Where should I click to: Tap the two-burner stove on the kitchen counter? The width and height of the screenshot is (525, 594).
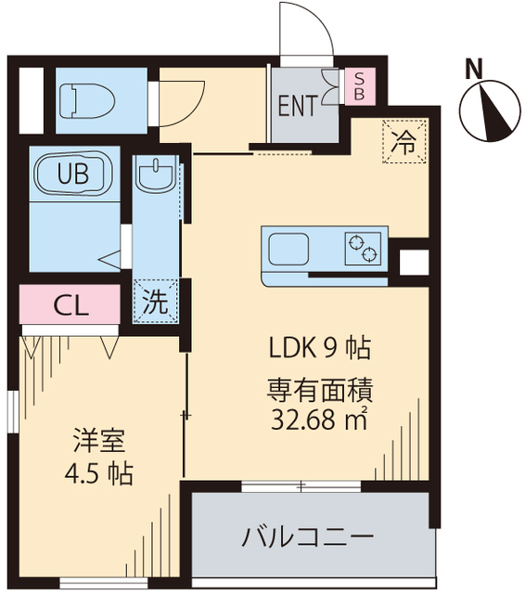(x=362, y=248)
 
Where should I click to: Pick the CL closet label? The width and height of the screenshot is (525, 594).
(x=70, y=304)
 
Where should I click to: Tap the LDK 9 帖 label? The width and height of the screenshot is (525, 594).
(x=320, y=349)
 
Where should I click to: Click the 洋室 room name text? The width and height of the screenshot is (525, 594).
(x=100, y=439)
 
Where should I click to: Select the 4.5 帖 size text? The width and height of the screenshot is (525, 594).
(x=99, y=474)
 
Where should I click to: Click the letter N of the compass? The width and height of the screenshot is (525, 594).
(x=474, y=68)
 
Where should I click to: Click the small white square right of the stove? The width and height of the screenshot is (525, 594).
(x=410, y=262)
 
